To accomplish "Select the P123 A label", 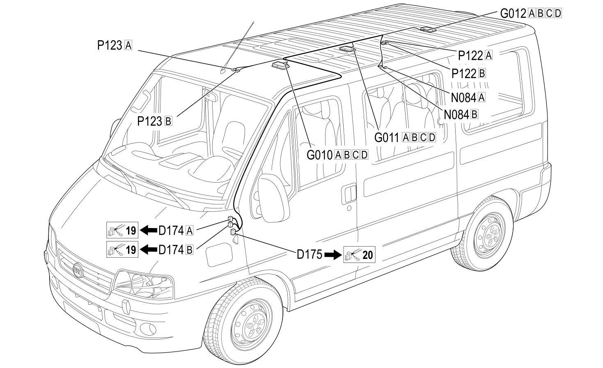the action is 115,45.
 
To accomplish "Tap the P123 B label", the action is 154,121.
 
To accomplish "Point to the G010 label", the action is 337,155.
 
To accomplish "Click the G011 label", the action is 405,137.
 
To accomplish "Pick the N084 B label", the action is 461,114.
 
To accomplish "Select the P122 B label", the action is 469,73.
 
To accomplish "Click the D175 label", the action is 310,254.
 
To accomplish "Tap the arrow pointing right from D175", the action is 333,255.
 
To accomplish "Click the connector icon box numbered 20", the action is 359,254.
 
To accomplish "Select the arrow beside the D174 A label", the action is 149,230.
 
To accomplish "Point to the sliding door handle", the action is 349,194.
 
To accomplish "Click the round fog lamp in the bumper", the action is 148,329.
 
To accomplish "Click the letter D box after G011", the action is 432,137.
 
